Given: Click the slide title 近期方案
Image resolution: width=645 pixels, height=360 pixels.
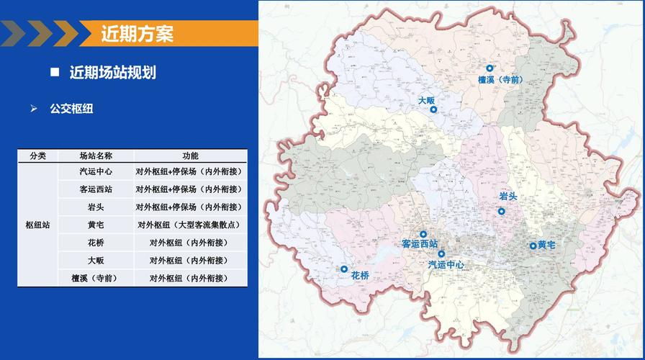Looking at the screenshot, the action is click(x=137, y=34).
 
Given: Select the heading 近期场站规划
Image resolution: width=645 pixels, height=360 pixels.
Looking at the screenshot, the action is click(x=113, y=73).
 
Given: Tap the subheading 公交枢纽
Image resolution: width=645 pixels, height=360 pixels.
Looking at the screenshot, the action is click(x=71, y=109).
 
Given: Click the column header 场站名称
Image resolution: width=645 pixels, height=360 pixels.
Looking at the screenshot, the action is click(x=96, y=156).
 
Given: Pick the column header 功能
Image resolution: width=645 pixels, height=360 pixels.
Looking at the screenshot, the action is click(x=190, y=156).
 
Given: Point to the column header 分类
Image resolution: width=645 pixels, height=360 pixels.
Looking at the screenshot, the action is click(x=38, y=156).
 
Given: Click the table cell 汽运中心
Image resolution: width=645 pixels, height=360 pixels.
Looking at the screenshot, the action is click(x=96, y=172).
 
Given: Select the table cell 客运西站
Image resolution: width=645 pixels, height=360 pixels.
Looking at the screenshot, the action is click(x=96, y=189).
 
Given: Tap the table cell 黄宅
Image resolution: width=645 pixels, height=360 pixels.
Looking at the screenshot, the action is click(x=96, y=225).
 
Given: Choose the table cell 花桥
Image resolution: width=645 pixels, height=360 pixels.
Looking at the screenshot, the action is click(x=96, y=243).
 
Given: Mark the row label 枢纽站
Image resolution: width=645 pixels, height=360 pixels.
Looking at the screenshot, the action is click(x=38, y=225).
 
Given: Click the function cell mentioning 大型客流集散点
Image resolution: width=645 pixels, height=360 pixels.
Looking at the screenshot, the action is click(x=190, y=225).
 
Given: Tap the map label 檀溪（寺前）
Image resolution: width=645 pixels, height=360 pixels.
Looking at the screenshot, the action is click(x=500, y=80).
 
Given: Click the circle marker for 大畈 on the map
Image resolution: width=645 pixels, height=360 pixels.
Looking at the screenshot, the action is click(x=433, y=109).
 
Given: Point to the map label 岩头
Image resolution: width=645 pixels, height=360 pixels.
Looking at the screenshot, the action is click(x=508, y=197).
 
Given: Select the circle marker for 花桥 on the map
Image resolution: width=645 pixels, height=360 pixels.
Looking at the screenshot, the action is click(x=344, y=269).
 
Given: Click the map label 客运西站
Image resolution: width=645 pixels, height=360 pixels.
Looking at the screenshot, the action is click(x=420, y=244).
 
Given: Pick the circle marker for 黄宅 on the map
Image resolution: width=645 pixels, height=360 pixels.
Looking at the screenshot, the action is click(x=533, y=246).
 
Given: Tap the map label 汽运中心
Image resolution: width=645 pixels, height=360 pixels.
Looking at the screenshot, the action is click(x=446, y=265).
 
